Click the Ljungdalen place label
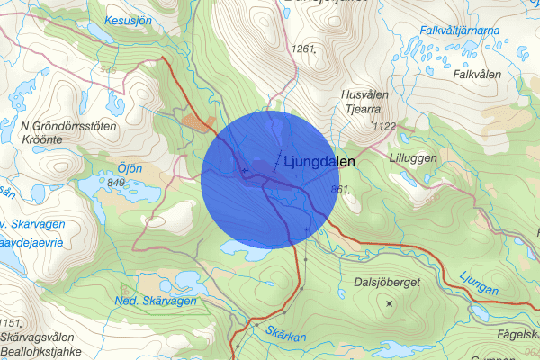[319, 163]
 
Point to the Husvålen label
[365, 94]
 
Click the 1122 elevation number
[384, 126]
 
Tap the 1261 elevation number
[306, 47]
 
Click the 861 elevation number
[339, 188]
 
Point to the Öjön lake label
[130, 167]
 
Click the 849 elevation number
[115, 183]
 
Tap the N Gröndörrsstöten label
[67, 127]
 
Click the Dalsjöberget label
[387, 283]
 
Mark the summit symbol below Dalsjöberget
[389, 303]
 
